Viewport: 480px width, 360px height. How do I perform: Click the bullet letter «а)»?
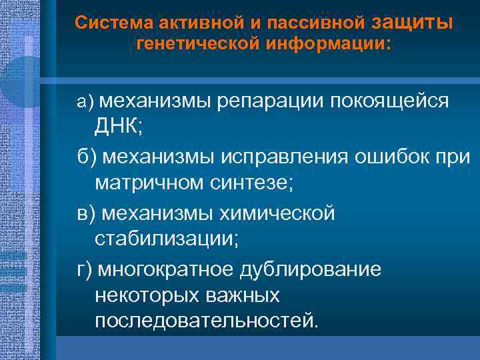coord(85,101)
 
